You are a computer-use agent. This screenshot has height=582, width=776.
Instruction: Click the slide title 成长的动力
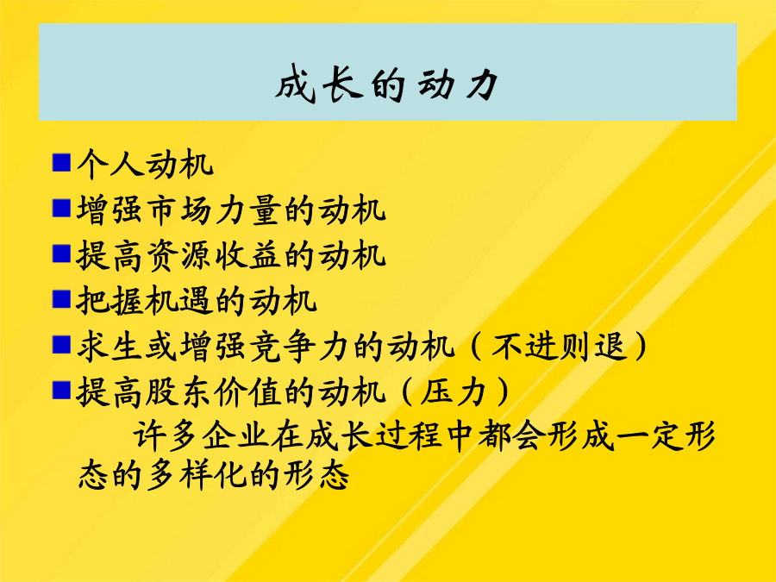[387, 84]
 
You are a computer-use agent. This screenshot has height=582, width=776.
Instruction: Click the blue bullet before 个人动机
[61, 162]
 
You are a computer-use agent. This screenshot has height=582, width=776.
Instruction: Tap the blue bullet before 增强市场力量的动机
[61, 208]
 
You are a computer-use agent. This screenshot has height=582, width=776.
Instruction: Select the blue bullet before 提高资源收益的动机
[61, 253]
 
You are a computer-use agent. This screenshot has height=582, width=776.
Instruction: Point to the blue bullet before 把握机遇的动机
[61, 299]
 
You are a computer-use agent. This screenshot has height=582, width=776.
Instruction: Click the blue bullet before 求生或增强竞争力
[61, 345]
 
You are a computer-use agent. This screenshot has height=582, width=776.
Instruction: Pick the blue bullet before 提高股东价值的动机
[61, 391]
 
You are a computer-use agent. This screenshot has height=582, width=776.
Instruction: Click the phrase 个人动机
[145, 164]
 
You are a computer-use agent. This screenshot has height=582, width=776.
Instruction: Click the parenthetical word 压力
[453, 392]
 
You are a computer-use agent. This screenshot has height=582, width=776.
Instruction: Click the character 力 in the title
[481, 84]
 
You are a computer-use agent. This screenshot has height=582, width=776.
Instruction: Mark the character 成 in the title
[296, 84]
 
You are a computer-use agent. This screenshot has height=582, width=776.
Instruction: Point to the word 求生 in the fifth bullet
[110, 347]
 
